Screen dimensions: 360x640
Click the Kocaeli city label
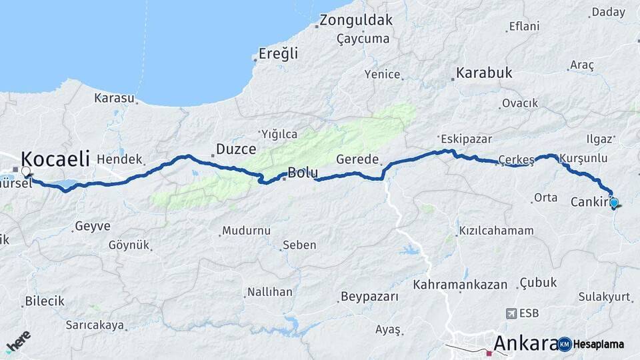pyautogui.click(x=55, y=159)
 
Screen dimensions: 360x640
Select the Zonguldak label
pyautogui.click(x=356, y=20)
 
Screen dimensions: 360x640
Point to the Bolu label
pyautogui.click(x=302, y=173)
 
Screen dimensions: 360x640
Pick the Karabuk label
pyautogui.click(x=484, y=73)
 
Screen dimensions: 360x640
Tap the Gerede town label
pyautogui.click(x=357, y=160)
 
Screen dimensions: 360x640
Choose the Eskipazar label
pyautogui.click(x=466, y=139)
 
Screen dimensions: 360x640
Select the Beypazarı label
pyautogui.click(x=369, y=296)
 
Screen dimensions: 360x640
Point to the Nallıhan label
pyautogui.click(x=269, y=292)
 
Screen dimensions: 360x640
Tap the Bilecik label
pyautogui.click(x=45, y=301)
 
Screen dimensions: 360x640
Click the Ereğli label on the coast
pyautogui.click(x=278, y=54)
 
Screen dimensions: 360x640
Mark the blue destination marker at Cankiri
pyautogui.click(x=614, y=203)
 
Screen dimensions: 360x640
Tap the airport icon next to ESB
pyautogui.click(x=511, y=313)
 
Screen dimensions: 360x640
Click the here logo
pyautogui.click(x=18, y=341)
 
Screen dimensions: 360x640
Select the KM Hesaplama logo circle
pyautogui.click(x=565, y=344)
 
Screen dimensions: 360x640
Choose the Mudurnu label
pyautogui.click(x=246, y=231)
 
